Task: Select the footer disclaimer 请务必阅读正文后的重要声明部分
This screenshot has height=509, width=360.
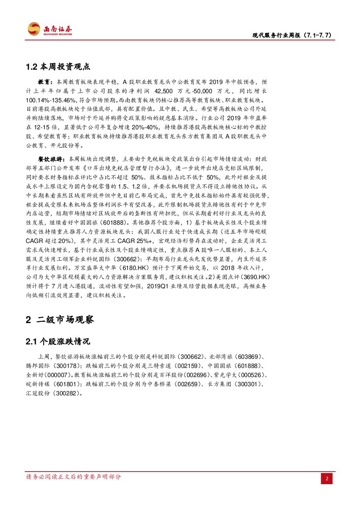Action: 74,476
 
